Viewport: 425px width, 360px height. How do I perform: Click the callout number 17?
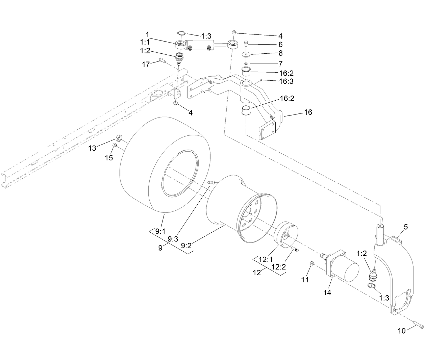(146, 64)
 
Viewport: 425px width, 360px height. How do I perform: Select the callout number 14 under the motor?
(327, 292)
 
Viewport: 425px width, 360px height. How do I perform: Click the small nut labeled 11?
(312, 263)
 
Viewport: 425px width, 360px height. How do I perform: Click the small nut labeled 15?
(115, 146)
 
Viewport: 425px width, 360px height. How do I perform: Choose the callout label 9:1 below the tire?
(160, 231)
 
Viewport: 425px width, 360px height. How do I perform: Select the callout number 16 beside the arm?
(308, 112)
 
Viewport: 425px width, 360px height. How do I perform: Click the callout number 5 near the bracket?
(405, 227)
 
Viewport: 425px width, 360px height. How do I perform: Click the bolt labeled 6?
(246, 43)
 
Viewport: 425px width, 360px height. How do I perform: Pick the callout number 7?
(280, 63)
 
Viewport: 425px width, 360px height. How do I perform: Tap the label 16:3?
(286, 81)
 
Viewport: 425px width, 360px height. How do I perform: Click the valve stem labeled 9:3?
(211, 182)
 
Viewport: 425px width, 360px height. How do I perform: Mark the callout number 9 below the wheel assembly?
(160, 248)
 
